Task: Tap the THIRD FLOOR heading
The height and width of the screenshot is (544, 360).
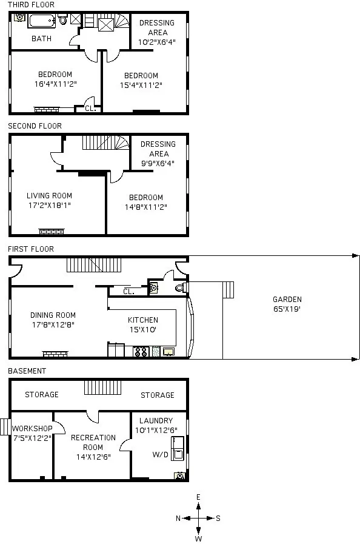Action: point(31,5)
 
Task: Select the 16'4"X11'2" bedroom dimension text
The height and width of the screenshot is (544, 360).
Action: point(55,84)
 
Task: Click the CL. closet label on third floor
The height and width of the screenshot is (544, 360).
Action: point(89,109)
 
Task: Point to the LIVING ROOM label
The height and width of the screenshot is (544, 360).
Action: point(49,196)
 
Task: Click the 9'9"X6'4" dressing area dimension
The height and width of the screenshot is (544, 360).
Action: point(158,163)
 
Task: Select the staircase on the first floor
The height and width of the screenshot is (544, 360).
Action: point(94,265)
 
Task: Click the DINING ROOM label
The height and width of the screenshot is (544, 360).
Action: point(53,315)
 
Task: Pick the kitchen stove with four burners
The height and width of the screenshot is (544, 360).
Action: point(141,351)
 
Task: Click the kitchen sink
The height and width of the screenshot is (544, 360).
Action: point(168,351)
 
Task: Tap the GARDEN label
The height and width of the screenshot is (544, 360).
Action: point(287,299)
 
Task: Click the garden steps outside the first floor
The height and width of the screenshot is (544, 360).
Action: point(228,290)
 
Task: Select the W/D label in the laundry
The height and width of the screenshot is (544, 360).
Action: point(160,454)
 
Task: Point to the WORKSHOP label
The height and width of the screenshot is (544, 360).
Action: point(32,429)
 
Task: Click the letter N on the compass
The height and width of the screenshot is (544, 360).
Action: point(178,519)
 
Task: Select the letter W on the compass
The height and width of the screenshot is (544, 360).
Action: point(198,538)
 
